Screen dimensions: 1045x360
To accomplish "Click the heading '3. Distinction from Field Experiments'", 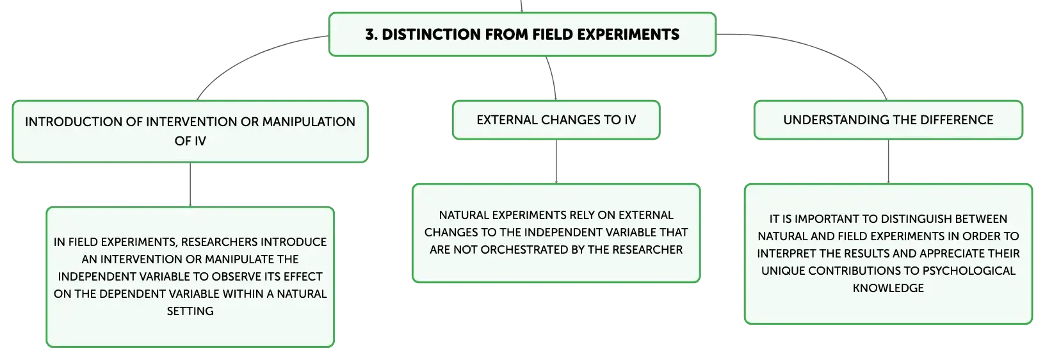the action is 522,35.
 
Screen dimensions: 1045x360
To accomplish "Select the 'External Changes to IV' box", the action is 556,120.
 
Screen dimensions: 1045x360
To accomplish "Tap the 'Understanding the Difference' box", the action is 888,120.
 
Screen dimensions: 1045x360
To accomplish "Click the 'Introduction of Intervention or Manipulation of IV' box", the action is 190,131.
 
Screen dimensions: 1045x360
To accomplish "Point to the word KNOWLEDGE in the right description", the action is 888,288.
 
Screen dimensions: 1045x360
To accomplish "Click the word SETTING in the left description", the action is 190,311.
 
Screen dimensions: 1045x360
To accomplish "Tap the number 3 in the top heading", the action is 370,35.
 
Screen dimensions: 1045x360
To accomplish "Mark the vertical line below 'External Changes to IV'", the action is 556,161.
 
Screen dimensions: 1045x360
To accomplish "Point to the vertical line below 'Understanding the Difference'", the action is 888,161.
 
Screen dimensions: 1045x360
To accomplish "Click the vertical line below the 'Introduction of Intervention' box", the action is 190,185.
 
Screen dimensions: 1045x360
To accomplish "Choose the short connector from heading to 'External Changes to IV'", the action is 553,78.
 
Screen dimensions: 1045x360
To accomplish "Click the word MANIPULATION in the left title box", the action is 309,122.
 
